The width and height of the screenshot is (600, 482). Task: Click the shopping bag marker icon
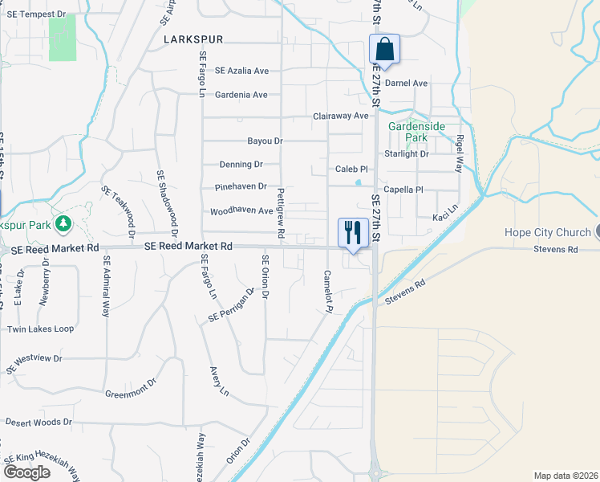click(x=385, y=49)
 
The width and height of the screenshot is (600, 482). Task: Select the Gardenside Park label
click(x=417, y=132)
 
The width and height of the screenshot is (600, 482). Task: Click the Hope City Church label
click(x=548, y=233)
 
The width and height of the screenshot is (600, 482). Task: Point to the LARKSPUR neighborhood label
click(x=193, y=39)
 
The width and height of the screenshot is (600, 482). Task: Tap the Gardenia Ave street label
click(x=237, y=95)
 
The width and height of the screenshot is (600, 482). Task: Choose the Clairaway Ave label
click(x=340, y=116)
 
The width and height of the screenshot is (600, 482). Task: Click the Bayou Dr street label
click(x=266, y=141)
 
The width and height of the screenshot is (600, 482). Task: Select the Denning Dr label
click(x=241, y=165)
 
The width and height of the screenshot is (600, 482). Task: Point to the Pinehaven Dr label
click(x=241, y=187)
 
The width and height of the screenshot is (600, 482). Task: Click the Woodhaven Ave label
click(x=241, y=212)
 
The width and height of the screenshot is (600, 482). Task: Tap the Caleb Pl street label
click(x=351, y=170)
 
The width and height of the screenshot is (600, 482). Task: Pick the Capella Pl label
click(x=403, y=190)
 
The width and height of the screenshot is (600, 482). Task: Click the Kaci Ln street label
click(x=444, y=218)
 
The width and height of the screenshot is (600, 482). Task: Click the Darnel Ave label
click(x=407, y=83)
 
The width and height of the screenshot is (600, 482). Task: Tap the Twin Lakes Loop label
click(x=40, y=329)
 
